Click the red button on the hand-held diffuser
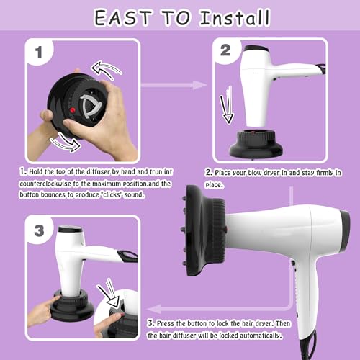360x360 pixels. tap(73, 110)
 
